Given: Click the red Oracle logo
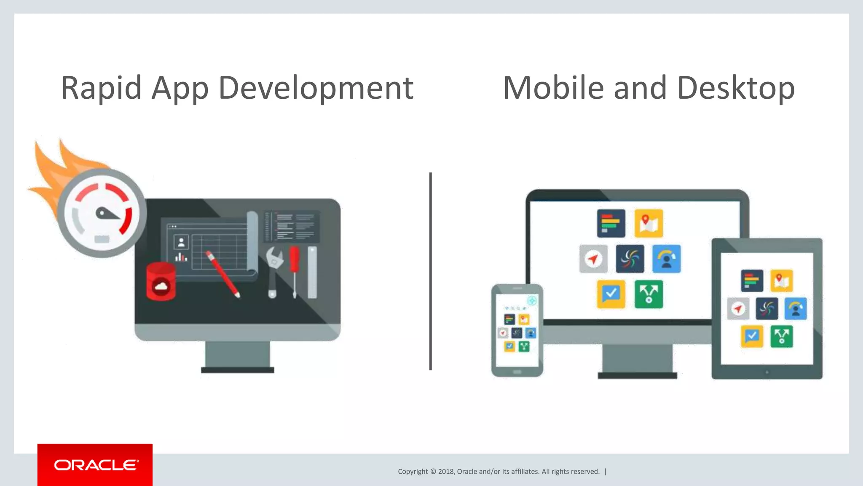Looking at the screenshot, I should (95, 464).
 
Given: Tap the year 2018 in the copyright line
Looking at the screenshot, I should (446, 471).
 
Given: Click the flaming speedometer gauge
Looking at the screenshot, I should (102, 213).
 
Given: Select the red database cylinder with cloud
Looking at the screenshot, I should (161, 281).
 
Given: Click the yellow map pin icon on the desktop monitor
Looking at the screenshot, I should (649, 223).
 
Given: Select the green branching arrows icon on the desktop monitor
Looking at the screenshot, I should (649, 294).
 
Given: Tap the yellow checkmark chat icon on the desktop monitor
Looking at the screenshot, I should (611, 294).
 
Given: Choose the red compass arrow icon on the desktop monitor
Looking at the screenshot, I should (593, 259).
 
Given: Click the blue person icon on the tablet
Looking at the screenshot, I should (795, 309).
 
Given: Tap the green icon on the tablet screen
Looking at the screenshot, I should (781, 337).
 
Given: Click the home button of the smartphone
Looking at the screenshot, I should (517, 372).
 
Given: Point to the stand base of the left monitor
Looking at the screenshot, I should (237, 370).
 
